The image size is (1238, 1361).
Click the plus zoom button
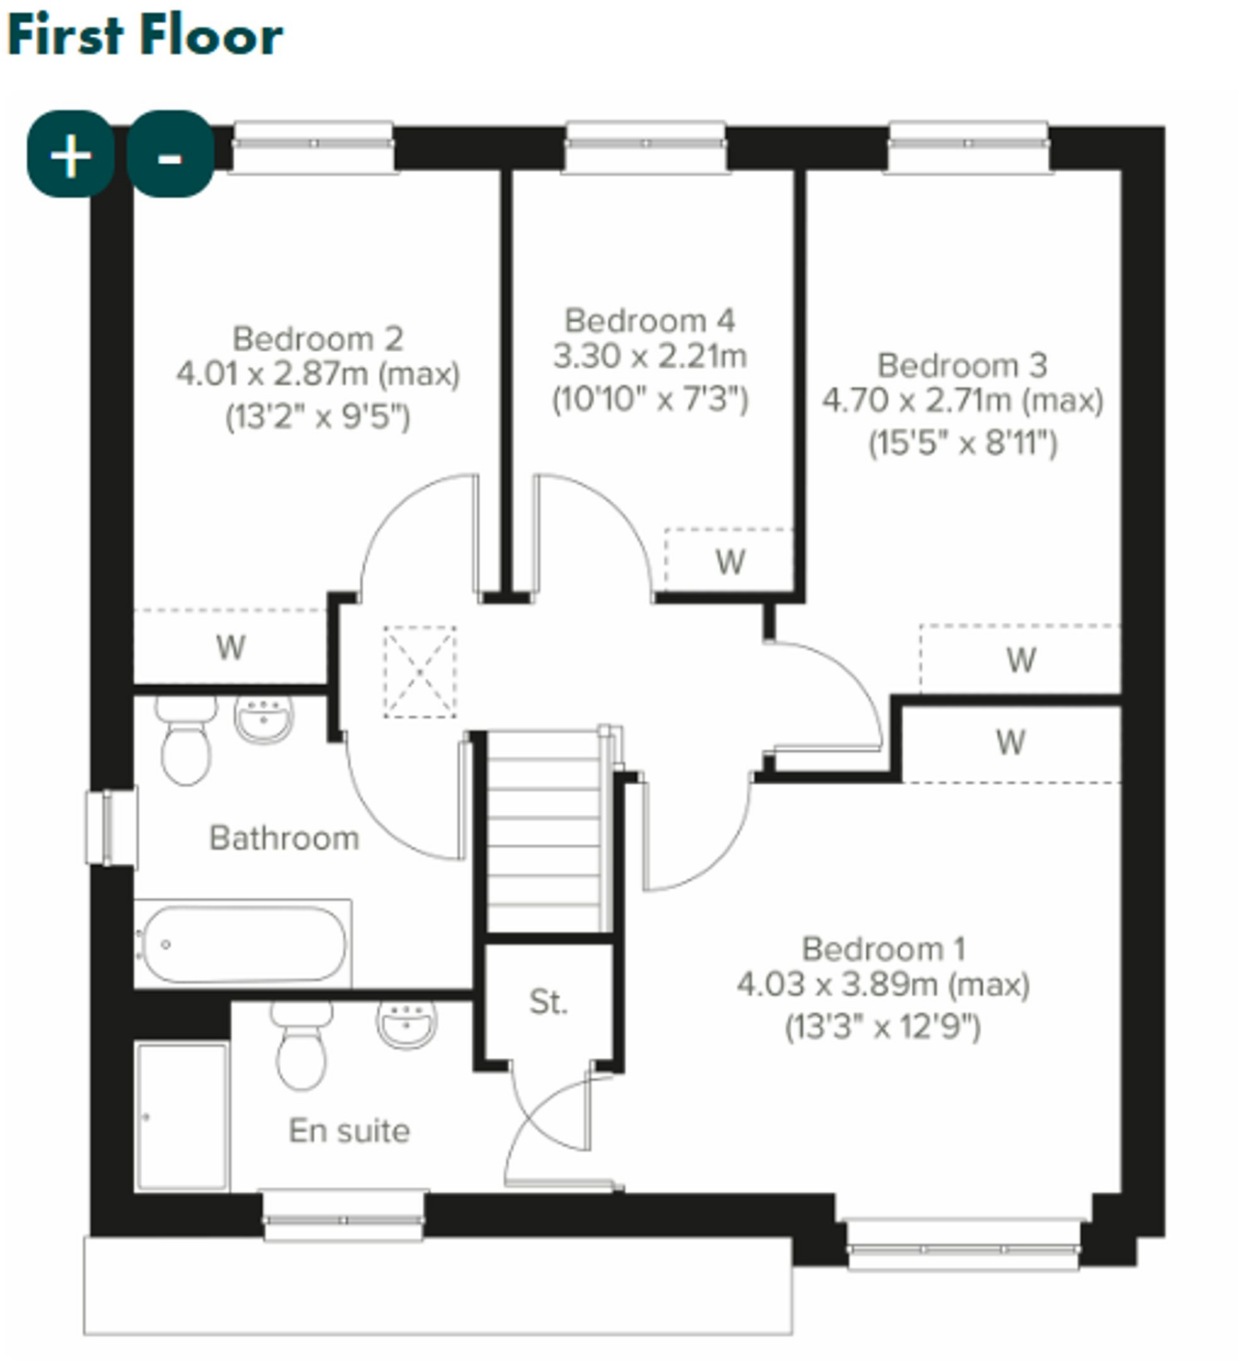(70, 156)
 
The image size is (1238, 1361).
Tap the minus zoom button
(170, 156)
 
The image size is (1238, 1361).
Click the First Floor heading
(144, 36)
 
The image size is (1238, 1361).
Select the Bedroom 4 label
(649, 321)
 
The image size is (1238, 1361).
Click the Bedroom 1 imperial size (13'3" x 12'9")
(882, 1028)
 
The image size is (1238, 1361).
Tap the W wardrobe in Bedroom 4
(730, 562)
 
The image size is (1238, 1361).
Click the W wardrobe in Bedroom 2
(230, 647)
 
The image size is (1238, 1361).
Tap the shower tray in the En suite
(182, 1116)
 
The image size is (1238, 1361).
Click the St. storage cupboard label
(548, 1003)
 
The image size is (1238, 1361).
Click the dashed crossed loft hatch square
(420, 672)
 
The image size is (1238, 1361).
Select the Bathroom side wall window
(112, 827)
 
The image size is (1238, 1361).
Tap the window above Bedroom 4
(646, 144)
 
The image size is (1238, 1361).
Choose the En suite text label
(349, 1131)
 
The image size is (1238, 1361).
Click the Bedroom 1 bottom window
(964, 1244)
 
